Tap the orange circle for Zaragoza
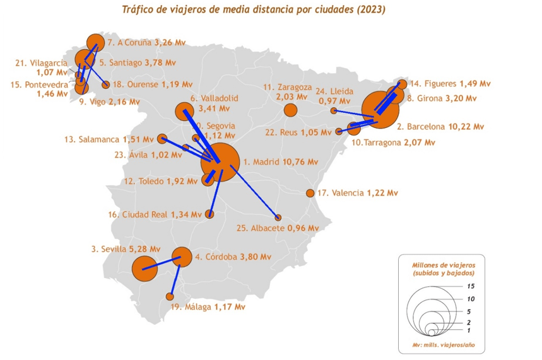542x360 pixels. pyautogui.click(x=290, y=110)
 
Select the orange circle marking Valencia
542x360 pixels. pyautogui.click(x=310, y=194)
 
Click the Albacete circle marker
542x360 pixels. pyautogui.click(x=278, y=218)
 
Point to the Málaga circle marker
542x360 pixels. pyautogui.click(x=169, y=296)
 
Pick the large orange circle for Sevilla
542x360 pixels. pyautogui.click(x=144, y=269)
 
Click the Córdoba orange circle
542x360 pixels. pyautogui.click(x=182, y=257)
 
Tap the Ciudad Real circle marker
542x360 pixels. pyautogui.click(x=210, y=214)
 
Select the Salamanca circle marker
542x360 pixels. pyautogui.click(x=162, y=139)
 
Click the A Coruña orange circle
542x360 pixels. pyautogui.click(x=95, y=42)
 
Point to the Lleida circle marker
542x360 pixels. pyautogui.click(x=334, y=110)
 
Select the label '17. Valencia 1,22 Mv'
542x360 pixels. pyautogui.click(x=358, y=193)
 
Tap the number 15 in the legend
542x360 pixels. pyautogui.click(x=470, y=286)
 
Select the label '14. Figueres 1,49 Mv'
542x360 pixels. pyautogui.click(x=449, y=83)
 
